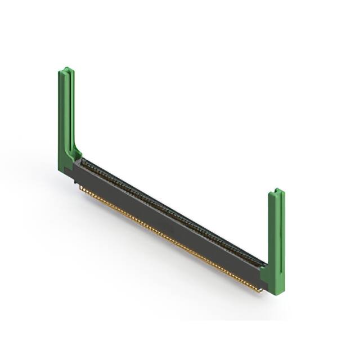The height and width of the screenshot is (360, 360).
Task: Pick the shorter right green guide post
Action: (x=277, y=236)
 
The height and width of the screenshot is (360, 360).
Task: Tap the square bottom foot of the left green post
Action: (x=66, y=166)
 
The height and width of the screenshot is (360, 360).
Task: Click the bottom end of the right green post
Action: (x=276, y=290)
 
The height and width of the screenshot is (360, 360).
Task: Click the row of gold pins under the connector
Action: (x=169, y=240)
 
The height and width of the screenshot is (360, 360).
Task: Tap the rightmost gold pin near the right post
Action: (x=260, y=290)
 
